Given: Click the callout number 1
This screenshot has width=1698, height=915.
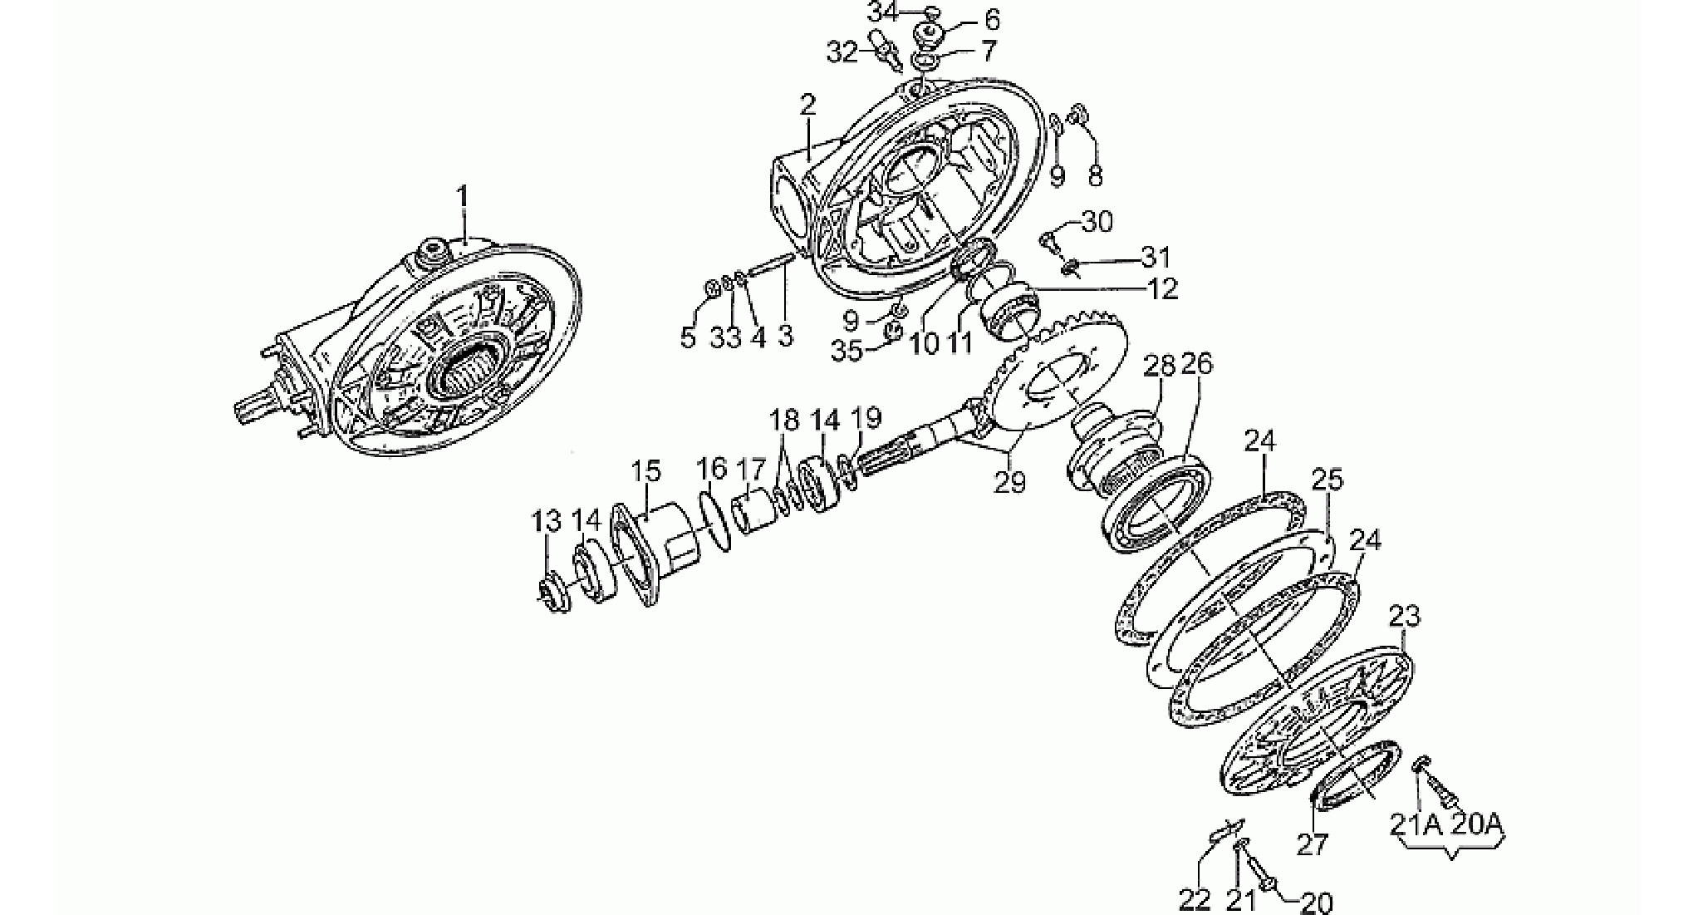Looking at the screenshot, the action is pyautogui.click(x=464, y=199).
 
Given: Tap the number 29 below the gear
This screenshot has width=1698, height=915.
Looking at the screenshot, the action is pyautogui.click(x=1010, y=481).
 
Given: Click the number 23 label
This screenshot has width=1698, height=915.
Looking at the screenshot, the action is pyautogui.click(x=1404, y=617).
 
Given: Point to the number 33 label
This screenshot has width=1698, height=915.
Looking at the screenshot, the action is pyautogui.click(x=725, y=337).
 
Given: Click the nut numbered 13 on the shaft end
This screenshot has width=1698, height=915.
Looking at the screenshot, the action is pyautogui.click(x=552, y=593).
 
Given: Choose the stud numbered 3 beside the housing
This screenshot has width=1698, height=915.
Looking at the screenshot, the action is pyautogui.click(x=773, y=268).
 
